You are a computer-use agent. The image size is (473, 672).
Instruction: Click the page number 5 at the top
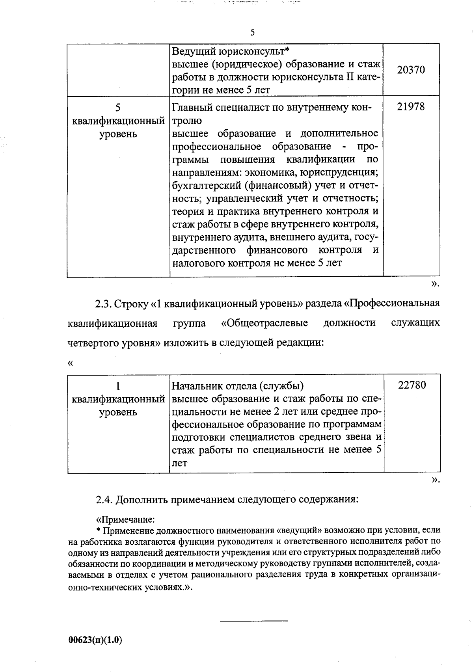pyautogui.click(x=252, y=32)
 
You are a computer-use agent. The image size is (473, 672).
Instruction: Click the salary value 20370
pyautogui.click(x=411, y=70)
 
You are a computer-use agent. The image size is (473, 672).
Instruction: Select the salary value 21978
pyautogui.click(x=411, y=107)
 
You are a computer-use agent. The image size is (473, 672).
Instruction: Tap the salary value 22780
pyautogui.click(x=412, y=385)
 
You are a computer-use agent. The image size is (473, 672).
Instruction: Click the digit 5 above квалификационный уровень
pyautogui.click(x=118, y=108)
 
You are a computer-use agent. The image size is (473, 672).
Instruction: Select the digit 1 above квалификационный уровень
pyautogui.click(x=118, y=386)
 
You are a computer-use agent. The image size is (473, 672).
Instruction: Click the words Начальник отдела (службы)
pyautogui.click(x=238, y=385)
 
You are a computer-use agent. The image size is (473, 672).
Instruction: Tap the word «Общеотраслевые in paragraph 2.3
pyautogui.click(x=264, y=324)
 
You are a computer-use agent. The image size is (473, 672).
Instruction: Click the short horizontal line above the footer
pyautogui.click(x=254, y=621)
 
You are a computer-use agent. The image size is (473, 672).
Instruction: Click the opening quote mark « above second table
pyautogui.click(x=71, y=363)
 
